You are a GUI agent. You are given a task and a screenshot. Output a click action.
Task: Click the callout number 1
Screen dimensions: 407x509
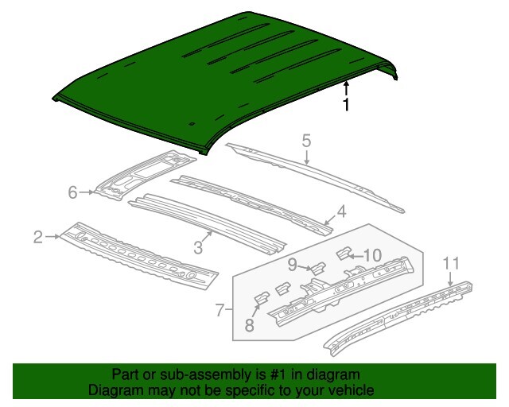click(x=346, y=106)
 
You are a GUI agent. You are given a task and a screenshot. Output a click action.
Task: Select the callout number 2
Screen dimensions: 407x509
click(x=37, y=236)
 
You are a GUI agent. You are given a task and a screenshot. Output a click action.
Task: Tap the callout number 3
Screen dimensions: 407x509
click(x=198, y=247)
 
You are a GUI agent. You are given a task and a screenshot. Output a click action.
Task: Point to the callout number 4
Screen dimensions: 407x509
click(x=340, y=211)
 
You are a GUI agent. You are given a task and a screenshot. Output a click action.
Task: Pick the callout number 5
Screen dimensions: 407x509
click(x=305, y=141)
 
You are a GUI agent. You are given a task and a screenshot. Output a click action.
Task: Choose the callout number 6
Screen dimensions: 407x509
click(x=72, y=192)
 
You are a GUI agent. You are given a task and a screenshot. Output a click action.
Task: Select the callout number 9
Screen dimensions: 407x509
click(x=293, y=264)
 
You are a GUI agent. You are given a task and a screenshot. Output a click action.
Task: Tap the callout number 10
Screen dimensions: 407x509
click(x=372, y=255)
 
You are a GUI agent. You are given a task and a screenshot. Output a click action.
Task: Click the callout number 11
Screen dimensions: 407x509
click(x=451, y=263)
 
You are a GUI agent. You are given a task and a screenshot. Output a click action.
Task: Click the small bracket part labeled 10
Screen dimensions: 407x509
click(x=346, y=254)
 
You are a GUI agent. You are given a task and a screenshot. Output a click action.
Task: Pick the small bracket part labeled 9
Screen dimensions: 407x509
click(x=316, y=268)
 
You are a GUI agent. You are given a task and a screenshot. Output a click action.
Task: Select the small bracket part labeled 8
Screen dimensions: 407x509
click(x=261, y=297)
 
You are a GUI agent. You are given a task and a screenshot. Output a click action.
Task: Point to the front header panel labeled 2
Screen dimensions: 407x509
click(x=135, y=254)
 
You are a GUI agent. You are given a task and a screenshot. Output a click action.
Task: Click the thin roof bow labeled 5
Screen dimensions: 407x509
click(x=318, y=176)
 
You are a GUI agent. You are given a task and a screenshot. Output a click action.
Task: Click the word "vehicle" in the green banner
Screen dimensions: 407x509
click(x=346, y=391)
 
